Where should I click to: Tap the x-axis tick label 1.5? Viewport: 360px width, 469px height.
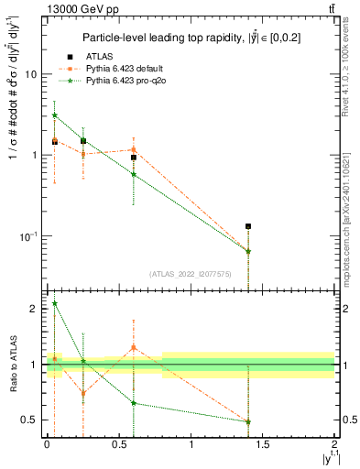263,444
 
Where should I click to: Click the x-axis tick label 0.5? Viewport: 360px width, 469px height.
119,444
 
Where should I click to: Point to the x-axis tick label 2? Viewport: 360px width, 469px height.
334,444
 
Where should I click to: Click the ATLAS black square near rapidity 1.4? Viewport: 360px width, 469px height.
248,225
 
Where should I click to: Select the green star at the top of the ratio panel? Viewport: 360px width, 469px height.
55,303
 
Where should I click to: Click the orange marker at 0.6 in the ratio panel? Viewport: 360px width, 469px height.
134,347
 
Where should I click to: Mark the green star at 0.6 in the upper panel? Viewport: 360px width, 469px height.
134,174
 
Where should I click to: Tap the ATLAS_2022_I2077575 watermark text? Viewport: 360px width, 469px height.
190,273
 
